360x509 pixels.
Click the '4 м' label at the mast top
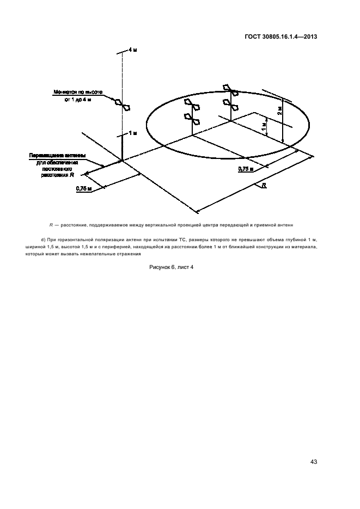(132, 50)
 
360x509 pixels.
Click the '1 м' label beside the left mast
(132, 133)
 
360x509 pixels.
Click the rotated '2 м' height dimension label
(278, 111)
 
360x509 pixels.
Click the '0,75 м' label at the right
(246, 170)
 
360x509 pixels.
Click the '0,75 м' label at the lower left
(83, 188)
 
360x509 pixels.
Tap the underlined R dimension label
(264, 186)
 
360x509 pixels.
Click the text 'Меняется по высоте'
(77, 93)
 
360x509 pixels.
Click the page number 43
(314, 462)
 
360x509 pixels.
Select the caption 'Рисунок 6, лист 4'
(171, 267)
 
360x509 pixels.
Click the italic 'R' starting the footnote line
(51, 224)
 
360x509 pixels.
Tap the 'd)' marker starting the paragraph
(43, 239)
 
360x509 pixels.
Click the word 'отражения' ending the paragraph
(127, 254)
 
